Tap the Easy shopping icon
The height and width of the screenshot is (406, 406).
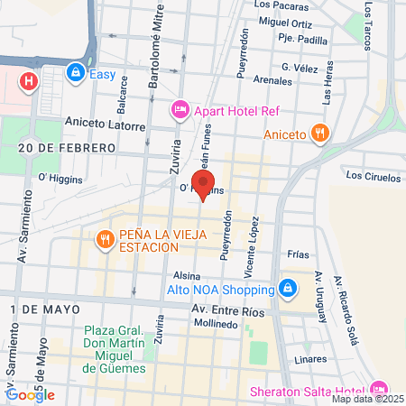coord(76,73)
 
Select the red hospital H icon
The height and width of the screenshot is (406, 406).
coord(30,81)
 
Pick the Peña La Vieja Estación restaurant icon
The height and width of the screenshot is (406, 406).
coord(106,239)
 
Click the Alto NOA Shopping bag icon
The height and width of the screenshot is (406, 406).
coord(287,290)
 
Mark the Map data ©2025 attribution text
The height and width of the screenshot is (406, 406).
coord(367,398)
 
